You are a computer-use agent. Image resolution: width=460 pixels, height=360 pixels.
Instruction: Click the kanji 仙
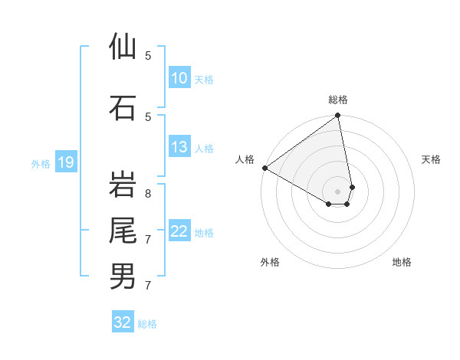[123, 47]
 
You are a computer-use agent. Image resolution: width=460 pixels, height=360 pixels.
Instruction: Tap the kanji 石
[123, 107]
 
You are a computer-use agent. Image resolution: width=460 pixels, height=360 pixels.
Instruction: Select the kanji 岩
[123, 184]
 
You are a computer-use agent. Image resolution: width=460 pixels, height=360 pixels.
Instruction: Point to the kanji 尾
[123, 230]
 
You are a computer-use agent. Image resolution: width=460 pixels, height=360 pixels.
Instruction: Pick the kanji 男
[123, 276]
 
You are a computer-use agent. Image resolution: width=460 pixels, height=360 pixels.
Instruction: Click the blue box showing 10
[179, 78]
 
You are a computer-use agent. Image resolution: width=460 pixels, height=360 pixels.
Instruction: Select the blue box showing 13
[179, 147]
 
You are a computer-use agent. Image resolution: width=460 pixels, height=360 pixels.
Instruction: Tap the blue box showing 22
[179, 231]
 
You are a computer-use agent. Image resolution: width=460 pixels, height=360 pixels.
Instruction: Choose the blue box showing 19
[65, 162]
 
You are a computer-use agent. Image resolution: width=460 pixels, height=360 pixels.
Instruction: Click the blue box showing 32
[123, 322]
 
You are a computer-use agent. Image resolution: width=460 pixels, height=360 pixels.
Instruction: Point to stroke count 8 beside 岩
[148, 185]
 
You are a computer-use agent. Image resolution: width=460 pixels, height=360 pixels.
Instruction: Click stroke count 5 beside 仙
[148, 56]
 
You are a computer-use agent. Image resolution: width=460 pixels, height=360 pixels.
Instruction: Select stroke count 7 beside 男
[148, 286]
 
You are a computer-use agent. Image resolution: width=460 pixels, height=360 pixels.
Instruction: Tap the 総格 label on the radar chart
[338, 100]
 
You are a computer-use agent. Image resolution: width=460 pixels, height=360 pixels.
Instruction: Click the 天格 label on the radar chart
[432, 159]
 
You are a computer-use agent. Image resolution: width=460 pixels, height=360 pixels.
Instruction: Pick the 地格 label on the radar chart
[402, 262]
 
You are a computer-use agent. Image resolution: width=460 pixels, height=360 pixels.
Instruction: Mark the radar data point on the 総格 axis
[338, 116]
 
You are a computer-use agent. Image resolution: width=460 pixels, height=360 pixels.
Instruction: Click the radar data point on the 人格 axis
[264, 168]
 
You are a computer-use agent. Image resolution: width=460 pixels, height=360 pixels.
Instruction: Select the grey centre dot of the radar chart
[338, 191]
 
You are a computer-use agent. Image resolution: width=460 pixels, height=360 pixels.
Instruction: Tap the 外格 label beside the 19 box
[40, 163]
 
